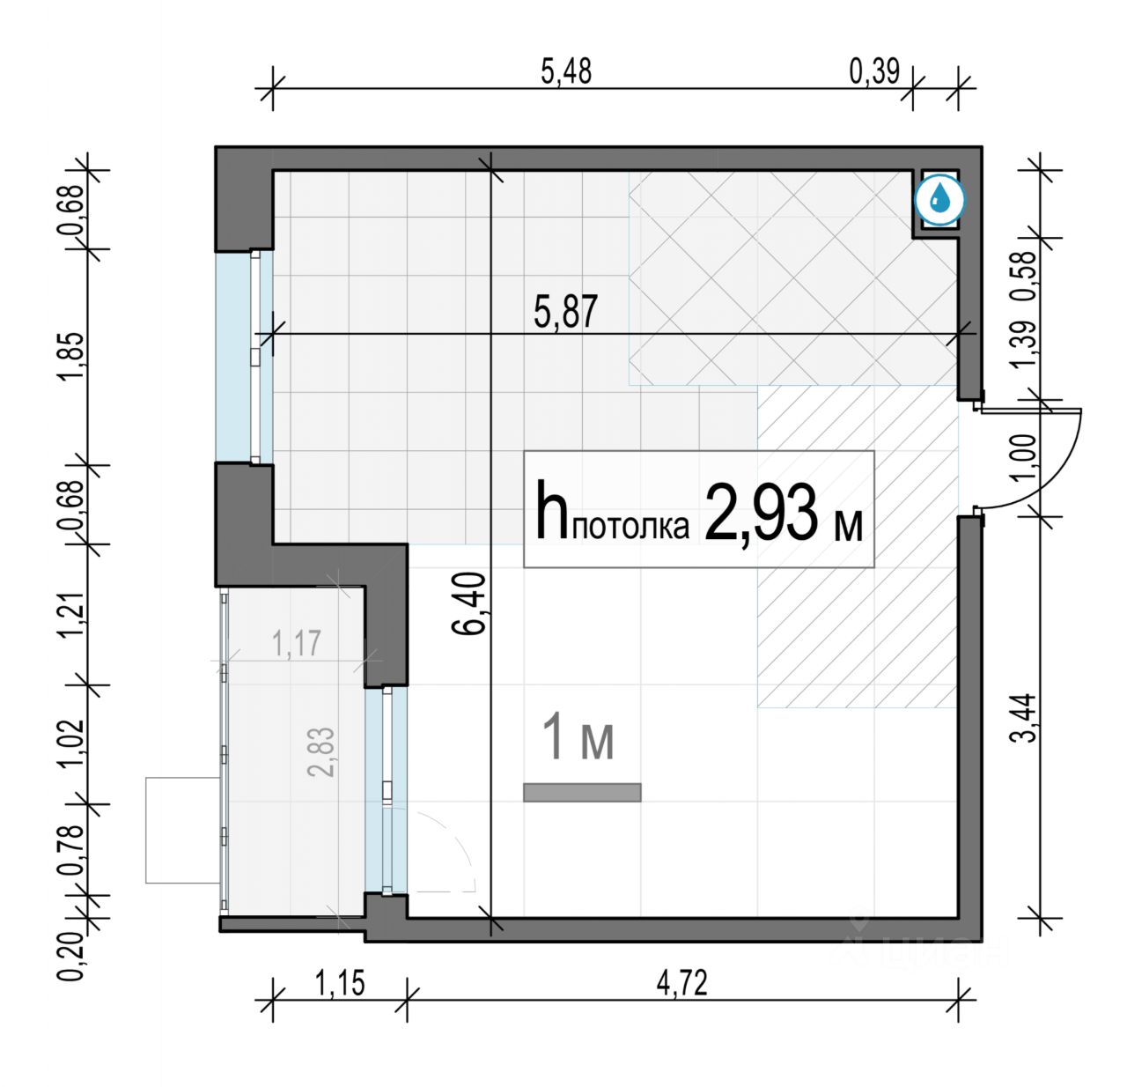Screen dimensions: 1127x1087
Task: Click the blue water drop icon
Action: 939,200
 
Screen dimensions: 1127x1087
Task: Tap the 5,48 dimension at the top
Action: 566,73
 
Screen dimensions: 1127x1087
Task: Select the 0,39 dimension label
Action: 874,73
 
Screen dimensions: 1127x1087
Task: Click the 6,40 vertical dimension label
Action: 470,603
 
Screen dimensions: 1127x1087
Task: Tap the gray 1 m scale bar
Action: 582,793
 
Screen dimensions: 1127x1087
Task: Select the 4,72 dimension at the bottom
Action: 682,984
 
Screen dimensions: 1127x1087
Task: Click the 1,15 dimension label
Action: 339,984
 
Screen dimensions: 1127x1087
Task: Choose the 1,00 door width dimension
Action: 1027,456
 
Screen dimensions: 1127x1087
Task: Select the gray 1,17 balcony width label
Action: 296,644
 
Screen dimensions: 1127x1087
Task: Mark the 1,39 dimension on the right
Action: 1027,344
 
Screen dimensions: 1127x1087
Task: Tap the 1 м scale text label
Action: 579,736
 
